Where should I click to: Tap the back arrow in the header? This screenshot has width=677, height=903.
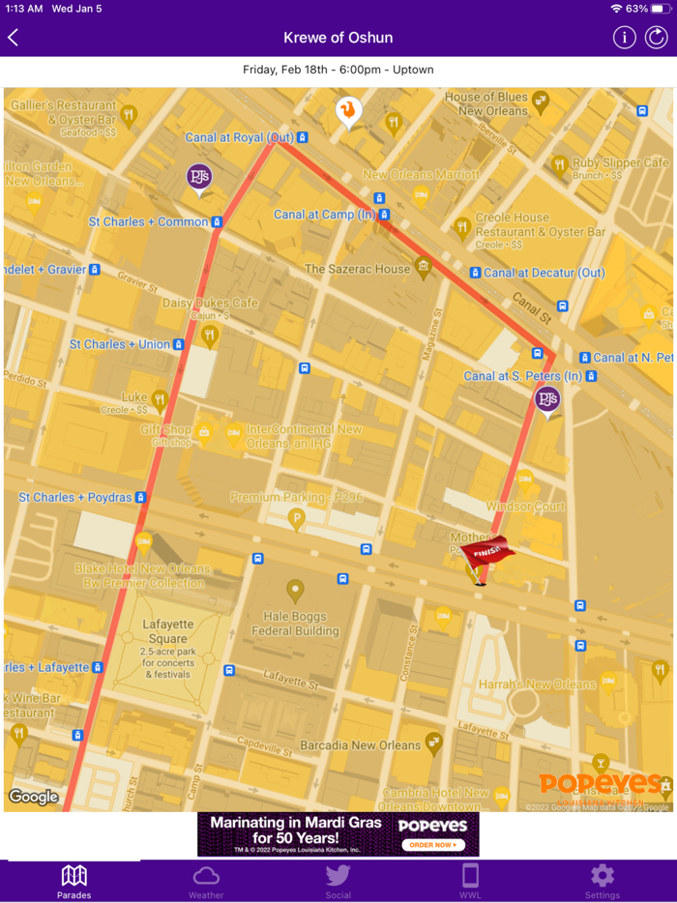(x=14, y=38)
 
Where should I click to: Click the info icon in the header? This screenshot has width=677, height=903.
(x=624, y=38)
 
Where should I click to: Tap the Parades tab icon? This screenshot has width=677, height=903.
(x=74, y=876)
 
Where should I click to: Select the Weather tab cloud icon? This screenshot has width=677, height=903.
(x=206, y=876)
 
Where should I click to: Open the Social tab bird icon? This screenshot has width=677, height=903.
(x=338, y=876)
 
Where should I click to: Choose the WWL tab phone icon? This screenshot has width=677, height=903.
(x=470, y=876)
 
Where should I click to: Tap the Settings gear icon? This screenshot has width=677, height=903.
(x=602, y=876)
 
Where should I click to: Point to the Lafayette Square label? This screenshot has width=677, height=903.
(x=168, y=631)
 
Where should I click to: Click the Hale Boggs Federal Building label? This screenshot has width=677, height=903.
(x=296, y=624)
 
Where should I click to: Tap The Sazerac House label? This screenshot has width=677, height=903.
(x=358, y=269)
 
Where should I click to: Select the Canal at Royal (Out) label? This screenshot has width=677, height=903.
(x=240, y=138)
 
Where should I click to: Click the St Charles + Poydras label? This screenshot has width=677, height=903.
(x=75, y=497)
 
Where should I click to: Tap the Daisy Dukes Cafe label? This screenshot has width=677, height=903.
(x=210, y=304)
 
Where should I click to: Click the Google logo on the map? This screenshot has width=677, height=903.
(x=33, y=797)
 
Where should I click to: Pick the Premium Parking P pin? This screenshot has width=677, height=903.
(x=297, y=519)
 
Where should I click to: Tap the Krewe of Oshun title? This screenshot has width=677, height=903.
(x=338, y=38)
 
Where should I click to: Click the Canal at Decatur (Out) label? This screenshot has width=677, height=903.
(x=544, y=273)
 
